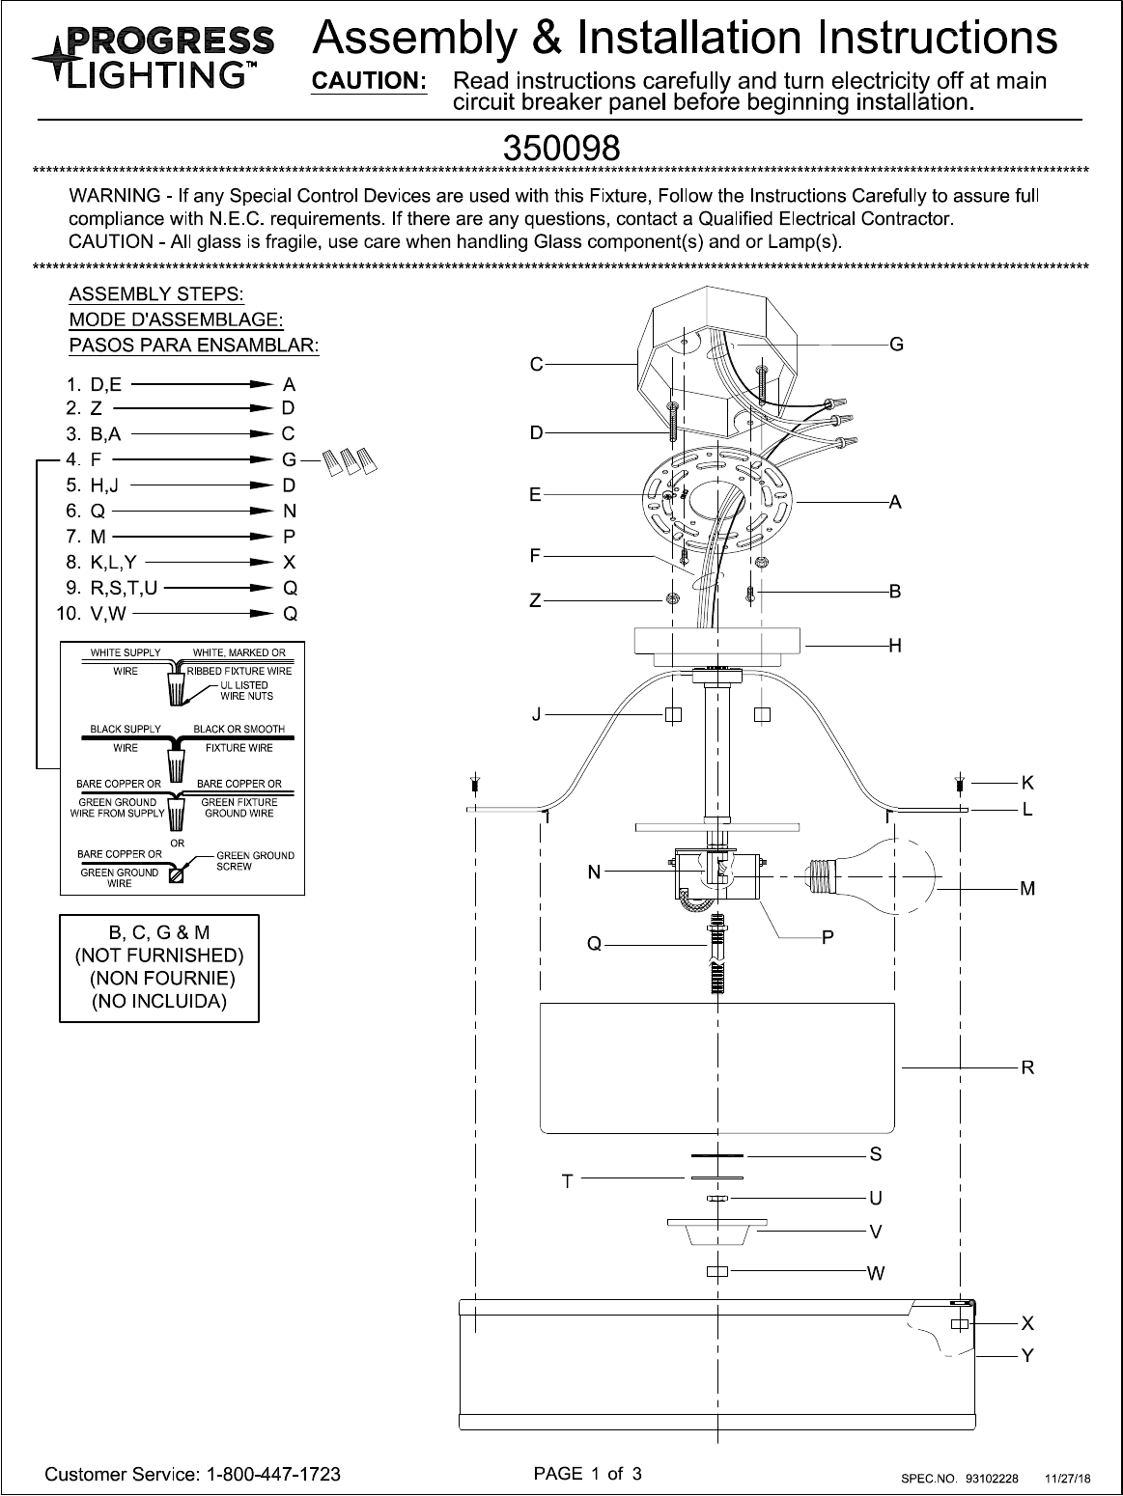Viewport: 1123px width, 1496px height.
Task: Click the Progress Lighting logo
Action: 153,55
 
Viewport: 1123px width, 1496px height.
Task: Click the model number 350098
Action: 561,149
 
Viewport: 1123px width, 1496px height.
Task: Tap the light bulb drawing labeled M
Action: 873,874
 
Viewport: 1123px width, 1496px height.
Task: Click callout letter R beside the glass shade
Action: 1027,1067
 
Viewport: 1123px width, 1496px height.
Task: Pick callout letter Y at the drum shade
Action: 1027,1356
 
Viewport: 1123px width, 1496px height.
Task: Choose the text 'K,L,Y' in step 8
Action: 113,562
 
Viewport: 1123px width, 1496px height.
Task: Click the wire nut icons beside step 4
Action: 350,461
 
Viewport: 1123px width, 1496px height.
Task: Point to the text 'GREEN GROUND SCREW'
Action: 255,861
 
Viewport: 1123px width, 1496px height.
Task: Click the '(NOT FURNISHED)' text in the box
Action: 159,956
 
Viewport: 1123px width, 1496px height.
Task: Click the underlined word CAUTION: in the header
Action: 368,82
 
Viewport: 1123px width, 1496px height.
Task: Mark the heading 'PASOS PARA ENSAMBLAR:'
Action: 194,345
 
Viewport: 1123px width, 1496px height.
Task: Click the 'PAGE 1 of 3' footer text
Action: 587,1473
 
